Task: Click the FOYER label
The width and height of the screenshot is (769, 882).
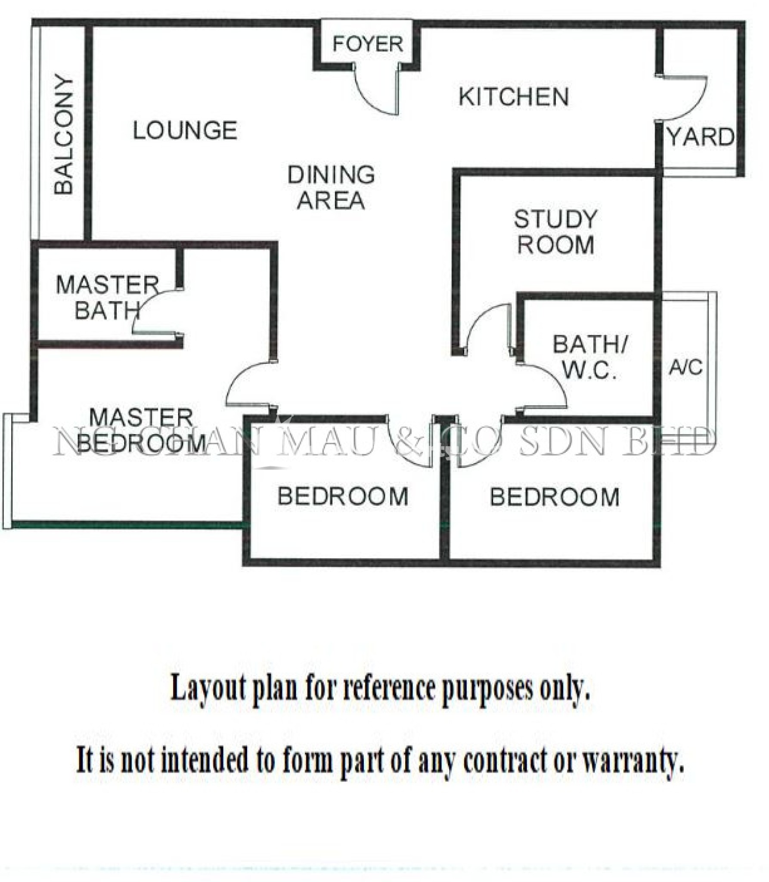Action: (x=368, y=44)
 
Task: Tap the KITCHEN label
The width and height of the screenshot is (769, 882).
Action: (x=513, y=97)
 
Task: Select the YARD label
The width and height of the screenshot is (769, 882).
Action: (x=701, y=138)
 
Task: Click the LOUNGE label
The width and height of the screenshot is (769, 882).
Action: (x=185, y=130)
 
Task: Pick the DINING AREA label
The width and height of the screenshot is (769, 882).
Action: (x=331, y=188)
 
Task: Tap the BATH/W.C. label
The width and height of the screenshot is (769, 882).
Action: (x=590, y=357)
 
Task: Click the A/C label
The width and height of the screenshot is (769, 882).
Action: (x=685, y=367)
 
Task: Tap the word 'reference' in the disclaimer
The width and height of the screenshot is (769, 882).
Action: (x=392, y=688)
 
